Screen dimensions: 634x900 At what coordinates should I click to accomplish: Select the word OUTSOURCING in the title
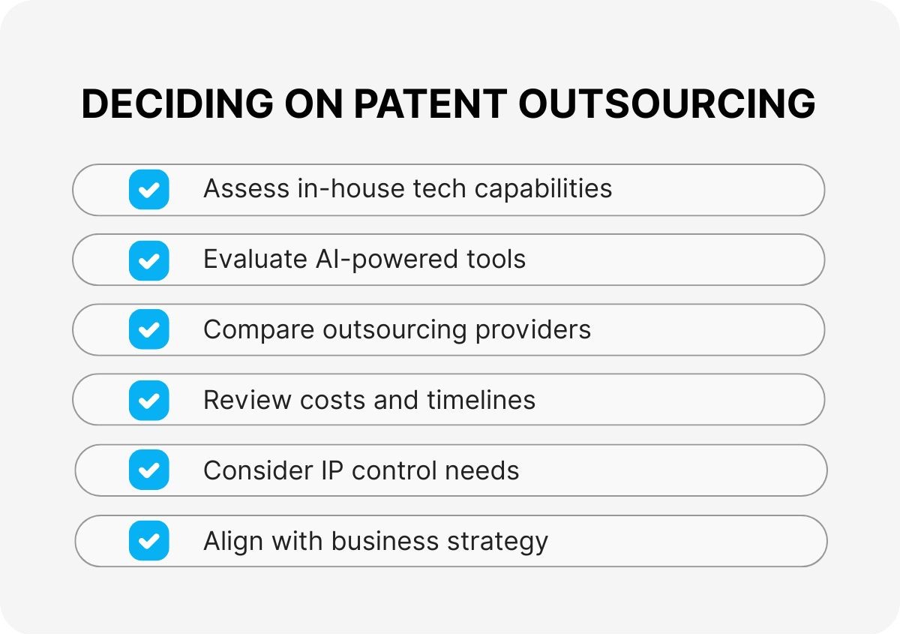[x=667, y=104]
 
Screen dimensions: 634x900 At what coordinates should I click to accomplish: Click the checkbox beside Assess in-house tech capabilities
[x=148, y=189]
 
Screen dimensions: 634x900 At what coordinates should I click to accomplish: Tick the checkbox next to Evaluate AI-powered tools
[x=148, y=260]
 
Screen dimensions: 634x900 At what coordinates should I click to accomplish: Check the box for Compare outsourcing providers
[x=148, y=329]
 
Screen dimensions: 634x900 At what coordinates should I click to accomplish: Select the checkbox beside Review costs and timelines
[x=148, y=400]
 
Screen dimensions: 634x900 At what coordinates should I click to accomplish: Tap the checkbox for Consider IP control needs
[x=148, y=470]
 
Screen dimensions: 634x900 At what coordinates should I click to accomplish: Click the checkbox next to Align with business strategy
[x=148, y=541]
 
